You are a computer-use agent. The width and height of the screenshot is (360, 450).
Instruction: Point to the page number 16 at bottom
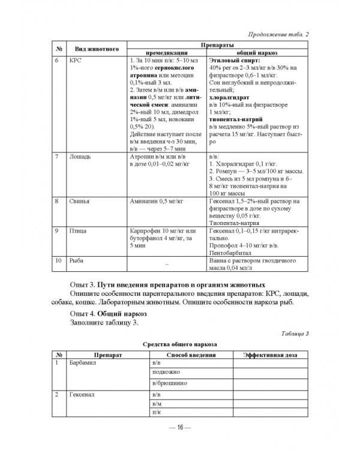tap(180, 427)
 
